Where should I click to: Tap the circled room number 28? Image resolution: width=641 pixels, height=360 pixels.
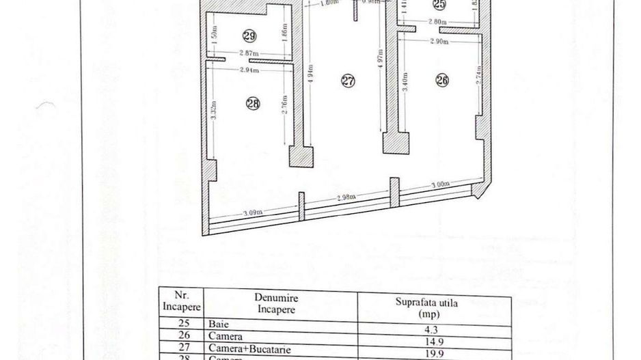coord(252,103)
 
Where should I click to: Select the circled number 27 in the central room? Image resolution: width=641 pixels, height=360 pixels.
coord(348,81)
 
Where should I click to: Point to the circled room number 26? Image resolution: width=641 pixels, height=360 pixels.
coord(441,80)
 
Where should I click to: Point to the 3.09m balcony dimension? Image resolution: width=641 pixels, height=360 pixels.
coord(252,213)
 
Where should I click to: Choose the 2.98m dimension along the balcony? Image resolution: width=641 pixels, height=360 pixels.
coord(346,198)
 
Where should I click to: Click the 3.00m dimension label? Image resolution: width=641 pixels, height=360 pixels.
coord(439,185)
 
